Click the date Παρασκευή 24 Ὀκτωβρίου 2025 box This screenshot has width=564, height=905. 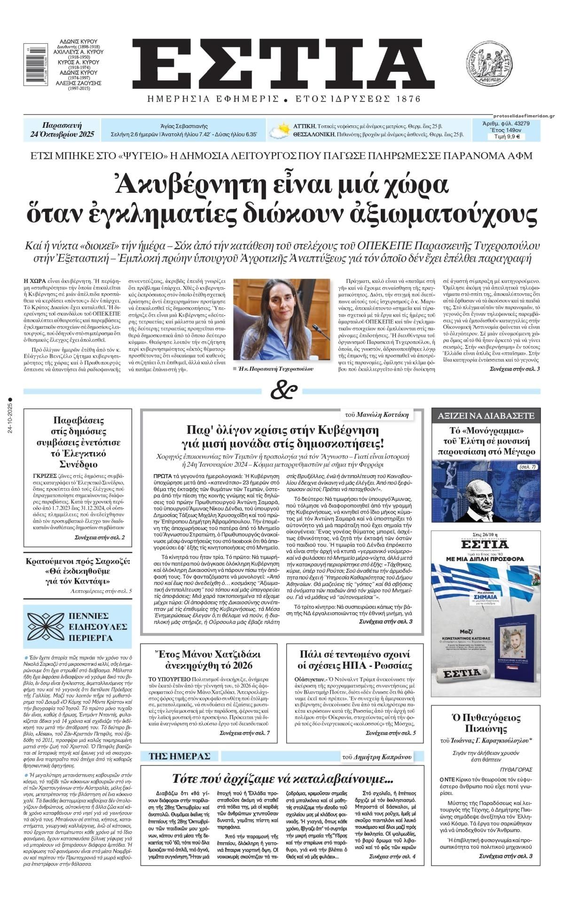tap(62, 130)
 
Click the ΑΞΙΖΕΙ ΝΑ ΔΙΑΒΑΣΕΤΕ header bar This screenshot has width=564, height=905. tap(486, 415)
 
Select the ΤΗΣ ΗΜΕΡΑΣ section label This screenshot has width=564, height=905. tap(179, 756)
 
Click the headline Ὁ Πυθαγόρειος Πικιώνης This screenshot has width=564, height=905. tap(486, 723)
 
